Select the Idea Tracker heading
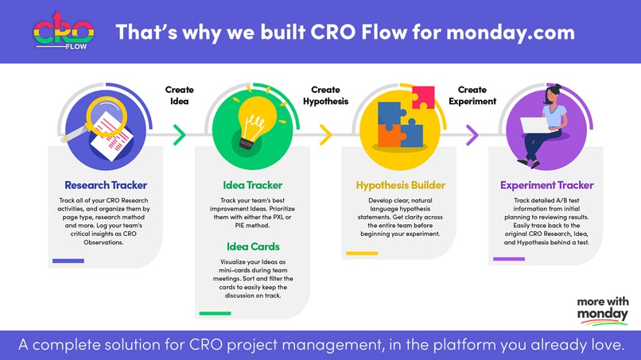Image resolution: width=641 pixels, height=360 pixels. pos(252,185)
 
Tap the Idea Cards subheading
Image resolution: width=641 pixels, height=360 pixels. pos(251,246)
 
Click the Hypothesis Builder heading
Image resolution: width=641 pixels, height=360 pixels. pos(400,185)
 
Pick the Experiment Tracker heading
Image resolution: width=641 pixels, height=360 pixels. pos(546,185)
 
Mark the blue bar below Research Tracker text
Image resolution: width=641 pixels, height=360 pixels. pos(68,261)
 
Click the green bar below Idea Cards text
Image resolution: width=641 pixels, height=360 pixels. pos(215,313)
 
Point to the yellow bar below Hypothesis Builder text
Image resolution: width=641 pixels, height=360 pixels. pos(361,254)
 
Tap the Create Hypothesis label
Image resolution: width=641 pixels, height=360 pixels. pos(326,95)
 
